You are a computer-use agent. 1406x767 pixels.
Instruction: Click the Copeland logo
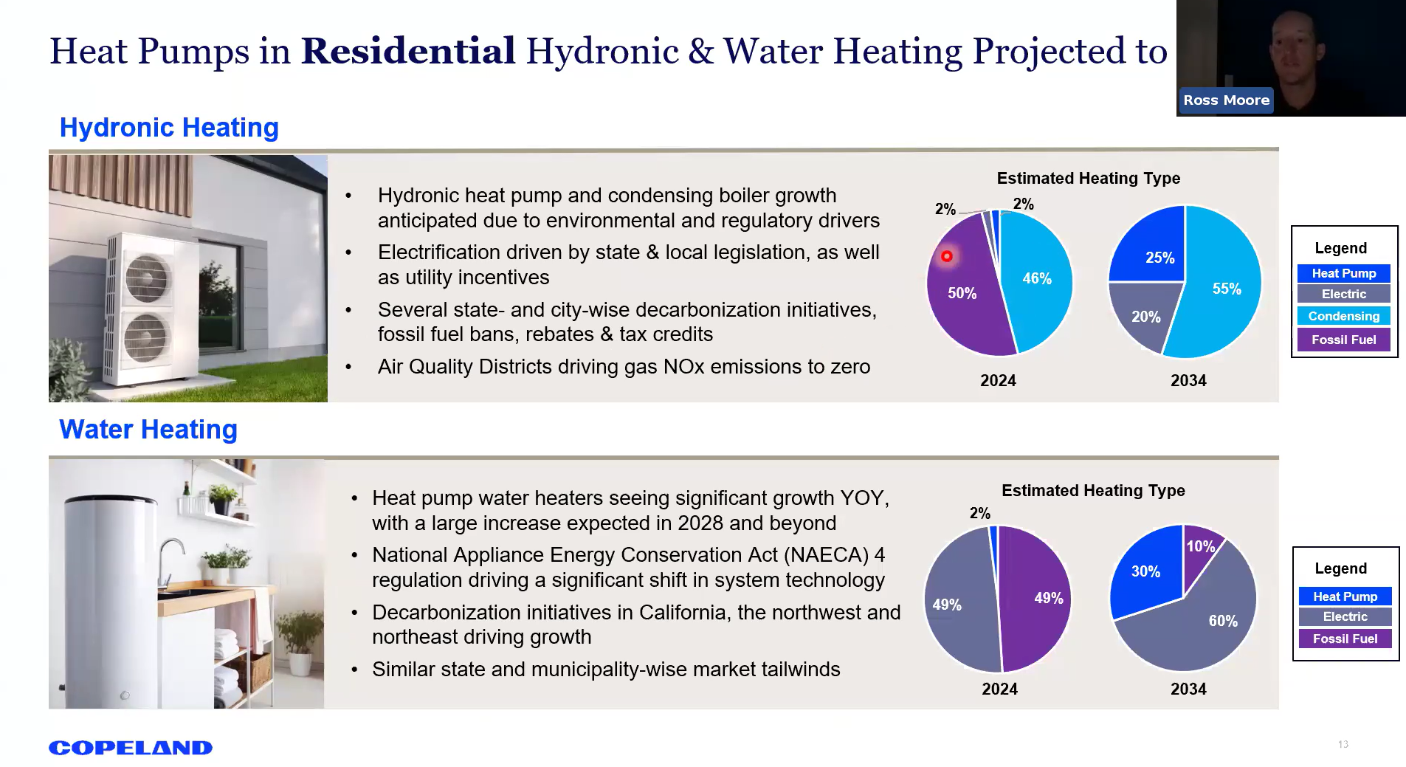coord(131,748)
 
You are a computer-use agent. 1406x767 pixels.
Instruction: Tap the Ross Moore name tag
coord(1226,100)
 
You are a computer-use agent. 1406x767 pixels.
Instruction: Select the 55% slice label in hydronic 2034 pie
coord(1227,289)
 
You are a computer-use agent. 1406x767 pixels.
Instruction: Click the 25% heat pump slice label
coord(1159,258)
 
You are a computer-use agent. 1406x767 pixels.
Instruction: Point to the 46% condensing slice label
coord(1036,278)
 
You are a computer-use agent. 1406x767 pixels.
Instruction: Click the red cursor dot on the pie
coord(946,256)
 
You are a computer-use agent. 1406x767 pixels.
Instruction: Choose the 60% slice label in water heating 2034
coord(1222,621)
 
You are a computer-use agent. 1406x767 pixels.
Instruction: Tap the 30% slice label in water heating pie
coord(1145,571)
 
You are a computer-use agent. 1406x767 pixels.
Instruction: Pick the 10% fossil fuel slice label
coord(1200,546)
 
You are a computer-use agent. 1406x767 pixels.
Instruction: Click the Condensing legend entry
coord(1343,316)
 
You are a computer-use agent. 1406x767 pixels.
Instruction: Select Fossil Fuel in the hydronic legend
coord(1343,340)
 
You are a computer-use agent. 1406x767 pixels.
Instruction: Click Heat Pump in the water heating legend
coord(1345,596)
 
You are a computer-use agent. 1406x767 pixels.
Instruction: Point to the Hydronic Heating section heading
coord(169,128)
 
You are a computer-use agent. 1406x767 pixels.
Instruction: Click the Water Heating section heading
coord(148,430)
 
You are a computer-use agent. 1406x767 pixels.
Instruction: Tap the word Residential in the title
coord(408,51)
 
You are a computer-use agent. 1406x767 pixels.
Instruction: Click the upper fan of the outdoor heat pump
coord(148,277)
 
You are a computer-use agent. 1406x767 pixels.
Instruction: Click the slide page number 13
coord(1343,744)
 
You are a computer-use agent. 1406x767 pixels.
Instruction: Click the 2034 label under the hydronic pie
coord(1188,381)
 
